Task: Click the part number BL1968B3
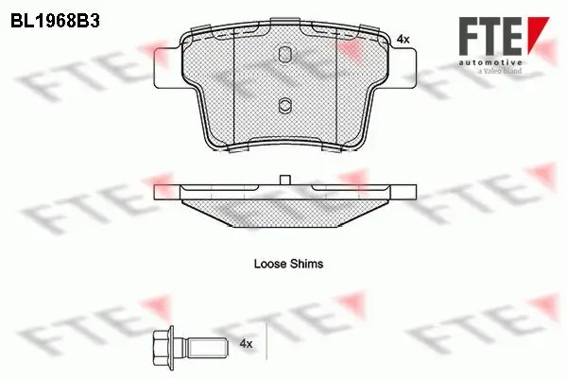55,22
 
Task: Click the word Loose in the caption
269,264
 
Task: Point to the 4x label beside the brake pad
403,40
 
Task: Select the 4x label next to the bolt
246,344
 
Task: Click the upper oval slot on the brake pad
285,54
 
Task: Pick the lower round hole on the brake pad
285,105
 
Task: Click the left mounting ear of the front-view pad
168,68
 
